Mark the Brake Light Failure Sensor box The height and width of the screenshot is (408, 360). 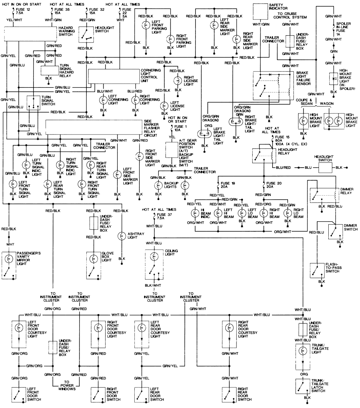point(271,85)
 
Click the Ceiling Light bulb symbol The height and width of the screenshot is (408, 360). point(154,256)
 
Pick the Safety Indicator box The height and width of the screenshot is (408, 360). point(261,12)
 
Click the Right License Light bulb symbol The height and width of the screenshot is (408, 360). point(177,81)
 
